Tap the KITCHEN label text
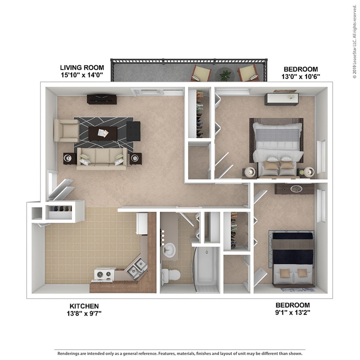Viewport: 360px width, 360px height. click(x=84, y=306)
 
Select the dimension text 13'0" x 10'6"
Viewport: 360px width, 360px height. click(x=301, y=77)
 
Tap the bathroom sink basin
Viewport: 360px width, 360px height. click(x=169, y=250)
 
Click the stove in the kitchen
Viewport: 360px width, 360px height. click(x=104, y=274)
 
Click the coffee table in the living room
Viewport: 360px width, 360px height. click(x=103, y=133)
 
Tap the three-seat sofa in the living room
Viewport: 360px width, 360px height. click(x=102, y=158)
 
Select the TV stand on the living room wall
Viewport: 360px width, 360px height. click(x=102, y=99)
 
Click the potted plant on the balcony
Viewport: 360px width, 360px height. click(x=225, y=75)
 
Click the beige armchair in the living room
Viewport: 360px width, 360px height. click(x=66, y=131)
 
